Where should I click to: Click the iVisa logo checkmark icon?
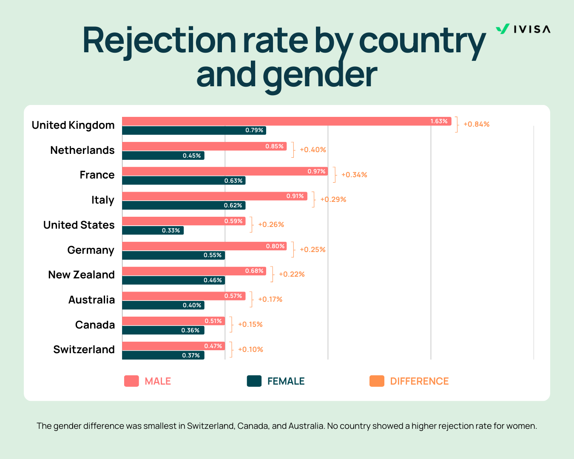[x=503, y=29]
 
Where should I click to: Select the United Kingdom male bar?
[x=286, y=121]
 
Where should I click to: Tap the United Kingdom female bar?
[x=194, y=130]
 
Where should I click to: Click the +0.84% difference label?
[x=476, y=125]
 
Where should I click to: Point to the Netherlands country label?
[x=82, y=150]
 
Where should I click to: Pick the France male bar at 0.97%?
[x=225, y=171]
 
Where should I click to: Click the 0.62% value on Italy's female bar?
[x=233, y=206]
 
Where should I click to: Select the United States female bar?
[x=153, y=230]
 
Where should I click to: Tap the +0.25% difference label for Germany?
[x=313, y=249]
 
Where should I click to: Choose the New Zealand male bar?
[x=194, y=271]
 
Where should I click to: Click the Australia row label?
[x=91, y=300]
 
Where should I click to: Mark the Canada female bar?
[x=163, y=330]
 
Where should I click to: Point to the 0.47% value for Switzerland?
[x=213, y=346]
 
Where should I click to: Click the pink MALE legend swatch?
[x=131, y=381]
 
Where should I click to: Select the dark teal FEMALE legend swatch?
[x=254, y=381]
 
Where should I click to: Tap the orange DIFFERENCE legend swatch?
[x=377, y=381]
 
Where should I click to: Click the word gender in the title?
[x=319, y=74]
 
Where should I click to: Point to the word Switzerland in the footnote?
[x=210, y=426]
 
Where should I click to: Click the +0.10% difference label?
[x=250, y=349]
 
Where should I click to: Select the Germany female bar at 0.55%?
[x=173, y=255]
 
